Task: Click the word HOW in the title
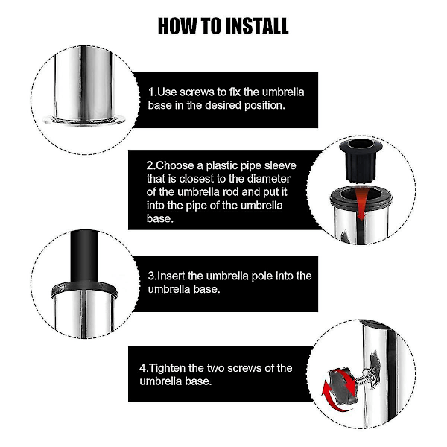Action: coord(177,26)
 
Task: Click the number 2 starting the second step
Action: coord(150,165)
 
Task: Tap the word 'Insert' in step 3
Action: coord(171,276)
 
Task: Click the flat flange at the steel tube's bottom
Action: coord(84,120)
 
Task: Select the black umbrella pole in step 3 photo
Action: coord(84,256)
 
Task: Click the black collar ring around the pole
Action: coord(84,288)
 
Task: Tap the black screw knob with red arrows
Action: coord(343,385)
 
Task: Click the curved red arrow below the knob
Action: coord(332,399)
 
